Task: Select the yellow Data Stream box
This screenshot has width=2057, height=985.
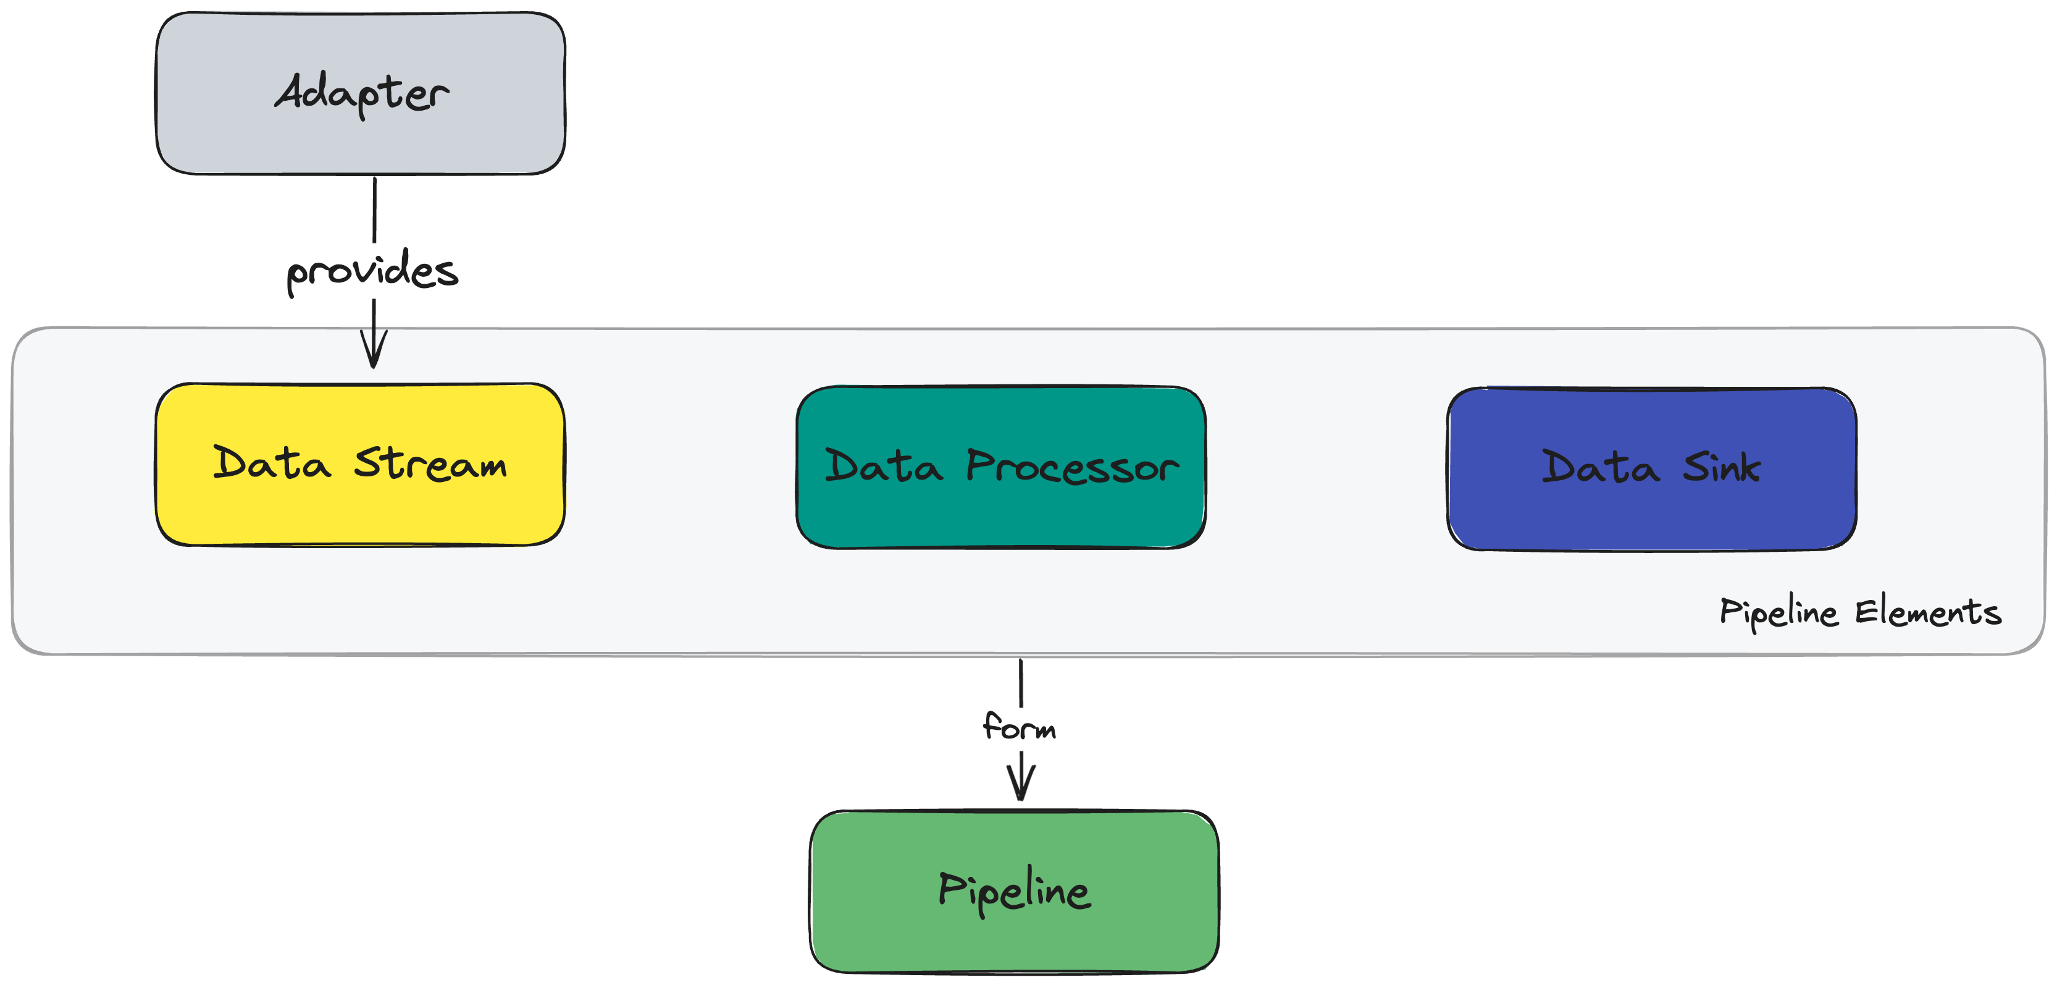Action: point(360,511)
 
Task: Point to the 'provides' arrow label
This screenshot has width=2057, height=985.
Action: point(372,272)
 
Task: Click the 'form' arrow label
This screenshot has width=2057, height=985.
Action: point(1020,727)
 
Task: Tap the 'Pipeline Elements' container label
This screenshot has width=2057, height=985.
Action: point(1860,614)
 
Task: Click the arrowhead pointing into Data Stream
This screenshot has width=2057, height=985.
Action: point(374,352)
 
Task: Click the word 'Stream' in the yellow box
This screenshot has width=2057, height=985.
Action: point(430,464)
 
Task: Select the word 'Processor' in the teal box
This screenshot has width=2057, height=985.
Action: point(1071,467)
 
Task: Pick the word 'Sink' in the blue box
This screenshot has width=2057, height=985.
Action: point(1721,467)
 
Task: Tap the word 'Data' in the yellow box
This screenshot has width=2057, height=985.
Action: point(272,463)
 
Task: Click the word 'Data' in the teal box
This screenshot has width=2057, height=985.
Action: point(883,467)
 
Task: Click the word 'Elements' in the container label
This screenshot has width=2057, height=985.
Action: point(1928,614)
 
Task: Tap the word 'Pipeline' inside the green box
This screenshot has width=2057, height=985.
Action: point(1014,890)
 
